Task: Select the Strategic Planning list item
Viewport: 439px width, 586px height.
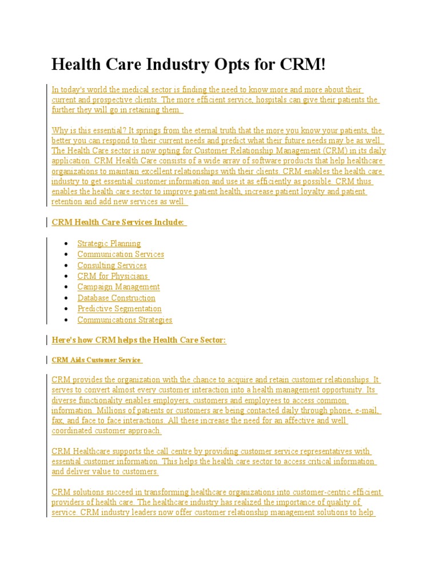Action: (109, 243)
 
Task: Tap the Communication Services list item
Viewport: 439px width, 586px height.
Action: (121, 254)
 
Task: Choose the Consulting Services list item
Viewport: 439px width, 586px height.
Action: (112, 265)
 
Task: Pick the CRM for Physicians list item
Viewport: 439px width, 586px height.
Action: (113, 276)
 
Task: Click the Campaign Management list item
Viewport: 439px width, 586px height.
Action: (118, 287)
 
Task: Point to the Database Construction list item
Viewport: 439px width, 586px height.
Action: (116, 298)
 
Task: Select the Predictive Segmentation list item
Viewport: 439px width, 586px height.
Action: (119, 308)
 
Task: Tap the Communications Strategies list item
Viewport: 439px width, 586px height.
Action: (125, 320)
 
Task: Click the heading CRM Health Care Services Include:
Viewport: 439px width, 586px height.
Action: (118, 222)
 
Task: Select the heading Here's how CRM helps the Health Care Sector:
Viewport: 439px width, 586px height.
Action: (139, 340)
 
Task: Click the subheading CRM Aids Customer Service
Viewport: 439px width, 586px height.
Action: (96, 360)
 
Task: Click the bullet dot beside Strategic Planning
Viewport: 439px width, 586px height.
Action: (67, 244)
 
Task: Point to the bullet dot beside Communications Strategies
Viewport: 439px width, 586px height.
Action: (67, 320)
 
